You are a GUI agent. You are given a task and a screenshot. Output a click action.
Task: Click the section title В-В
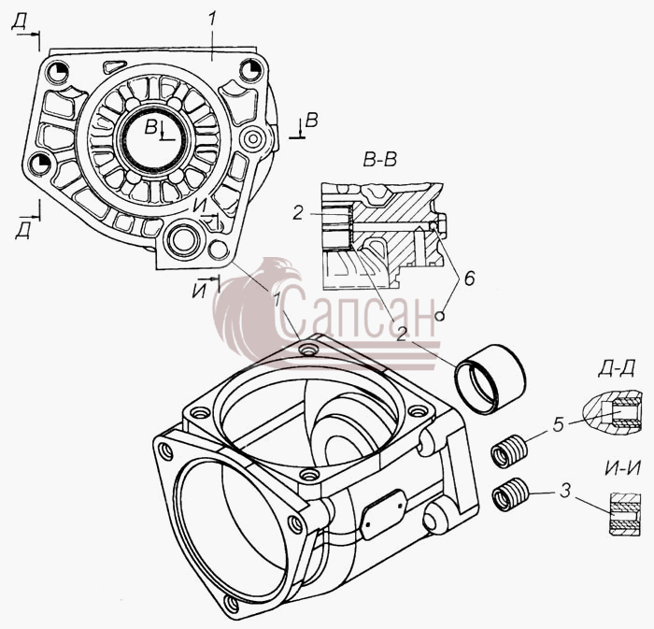coord(379,160)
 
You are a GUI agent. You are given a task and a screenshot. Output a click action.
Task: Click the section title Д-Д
coord(616,369)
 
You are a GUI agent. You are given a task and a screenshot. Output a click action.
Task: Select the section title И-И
coord(622,469)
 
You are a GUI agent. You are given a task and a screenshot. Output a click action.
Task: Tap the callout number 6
coord(469,278)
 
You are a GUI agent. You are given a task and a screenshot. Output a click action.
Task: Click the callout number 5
coord(559,424)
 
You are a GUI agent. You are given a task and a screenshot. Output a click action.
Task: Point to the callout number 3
coord(564,492)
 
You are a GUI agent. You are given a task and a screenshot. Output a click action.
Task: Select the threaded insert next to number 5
coord(509,450)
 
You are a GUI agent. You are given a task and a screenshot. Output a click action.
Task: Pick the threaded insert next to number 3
coord(510,493)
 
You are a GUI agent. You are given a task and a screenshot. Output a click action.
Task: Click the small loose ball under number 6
coord(440,316)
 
